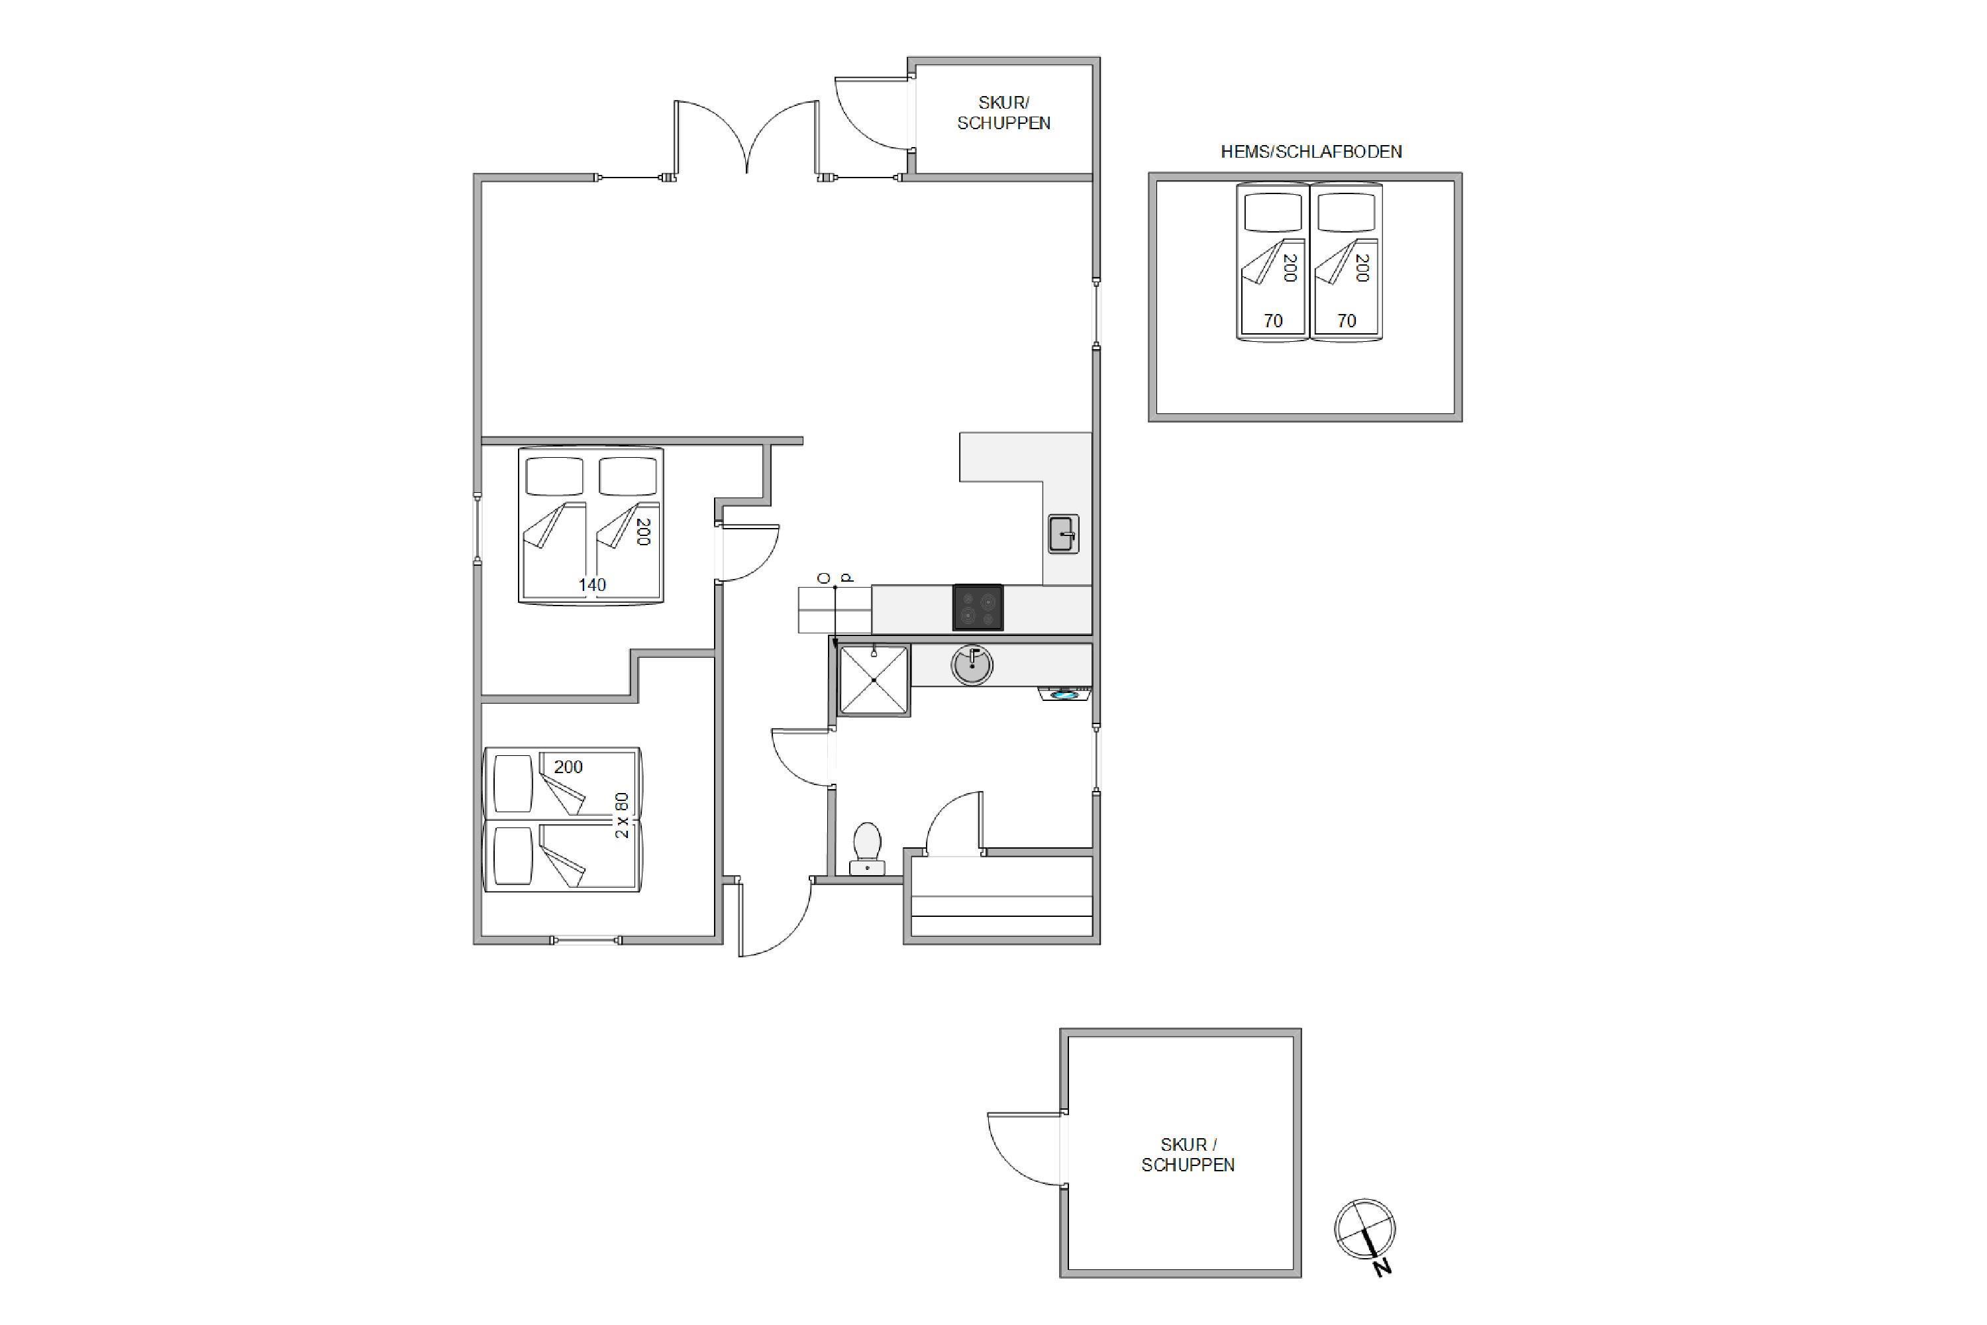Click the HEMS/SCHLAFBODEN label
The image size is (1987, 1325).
(1311, 152)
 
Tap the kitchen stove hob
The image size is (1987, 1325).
(978, 607)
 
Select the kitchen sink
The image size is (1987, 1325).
(1064, 534)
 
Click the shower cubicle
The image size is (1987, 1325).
(874, 680)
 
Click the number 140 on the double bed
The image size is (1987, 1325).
(592, 585)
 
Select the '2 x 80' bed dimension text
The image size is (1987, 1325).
(622, 816)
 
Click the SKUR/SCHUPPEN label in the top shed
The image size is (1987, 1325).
(1003, 113)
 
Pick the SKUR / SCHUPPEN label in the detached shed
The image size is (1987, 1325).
(1188, 1154)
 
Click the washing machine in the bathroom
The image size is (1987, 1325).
(1064, 694)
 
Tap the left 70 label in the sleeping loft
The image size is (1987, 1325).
(1273, 321)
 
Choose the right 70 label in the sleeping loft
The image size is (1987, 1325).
(1347, 321)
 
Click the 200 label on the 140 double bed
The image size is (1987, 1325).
(643, 531)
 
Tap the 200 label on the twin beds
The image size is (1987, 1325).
(568, 767)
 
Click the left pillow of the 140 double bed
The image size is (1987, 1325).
(554, 476)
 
